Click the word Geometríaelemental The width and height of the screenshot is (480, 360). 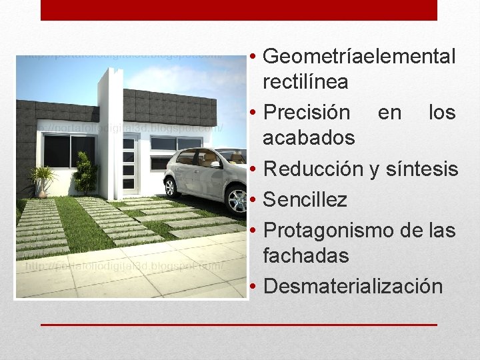tap(360, 57)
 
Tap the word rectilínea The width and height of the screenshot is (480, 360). tap(305, 82)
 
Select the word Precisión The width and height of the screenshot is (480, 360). tap(307, 112)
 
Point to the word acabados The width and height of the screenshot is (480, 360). tap(309, 138)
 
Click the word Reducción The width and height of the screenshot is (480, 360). tap(313, 169)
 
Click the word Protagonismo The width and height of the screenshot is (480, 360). tap(327, 231)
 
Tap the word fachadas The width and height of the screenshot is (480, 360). tap(306, 255)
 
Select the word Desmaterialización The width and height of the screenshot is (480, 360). tap(353, 286)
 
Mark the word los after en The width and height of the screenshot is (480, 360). tap(441, 112)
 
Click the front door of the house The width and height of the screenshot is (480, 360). tap(131, 164)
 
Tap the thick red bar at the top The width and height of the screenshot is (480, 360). tap(239, 10)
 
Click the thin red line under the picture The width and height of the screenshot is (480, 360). tap(239, 325)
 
